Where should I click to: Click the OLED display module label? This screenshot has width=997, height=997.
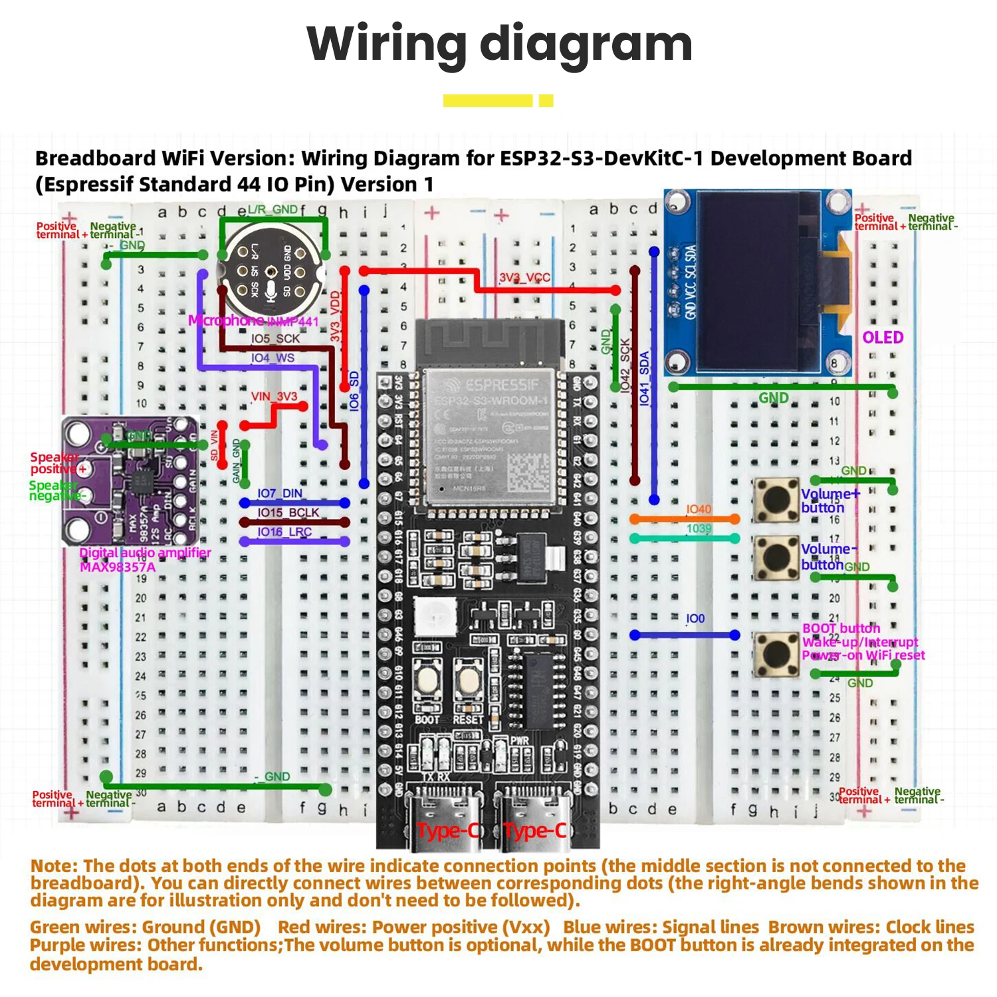pyautogui.click(x=883, y=338)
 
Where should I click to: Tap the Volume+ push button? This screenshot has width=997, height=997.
pyautogui.click(x=776, y=500)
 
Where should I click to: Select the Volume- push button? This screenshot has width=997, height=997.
pyautogui.click(x=776, y=557)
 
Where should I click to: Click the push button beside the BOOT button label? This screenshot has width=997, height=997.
pyautogui.click(x=776, y=654)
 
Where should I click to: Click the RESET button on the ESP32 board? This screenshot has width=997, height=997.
pyautogui.click(x=469, y=681)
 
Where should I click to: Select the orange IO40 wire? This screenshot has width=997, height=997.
pyautogui.click(x=685, y=519)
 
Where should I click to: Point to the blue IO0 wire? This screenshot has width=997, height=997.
pyautogui.click(x=685, y=635)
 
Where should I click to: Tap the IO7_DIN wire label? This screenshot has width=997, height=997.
pyautogui.click(x=280, y=493)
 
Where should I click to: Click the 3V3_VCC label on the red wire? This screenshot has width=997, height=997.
pyautogui.click(x=524, y=277)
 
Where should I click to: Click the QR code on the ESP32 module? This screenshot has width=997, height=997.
pyautogui.click(x=528, y=473)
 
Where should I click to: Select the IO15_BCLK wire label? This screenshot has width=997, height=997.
pyautogui.click(x=288, y=512)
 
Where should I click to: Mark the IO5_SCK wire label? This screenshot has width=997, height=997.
pyautogui.click(x=275, y=338)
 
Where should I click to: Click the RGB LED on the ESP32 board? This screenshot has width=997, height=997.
pyautogui.click(x=435, y=616)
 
